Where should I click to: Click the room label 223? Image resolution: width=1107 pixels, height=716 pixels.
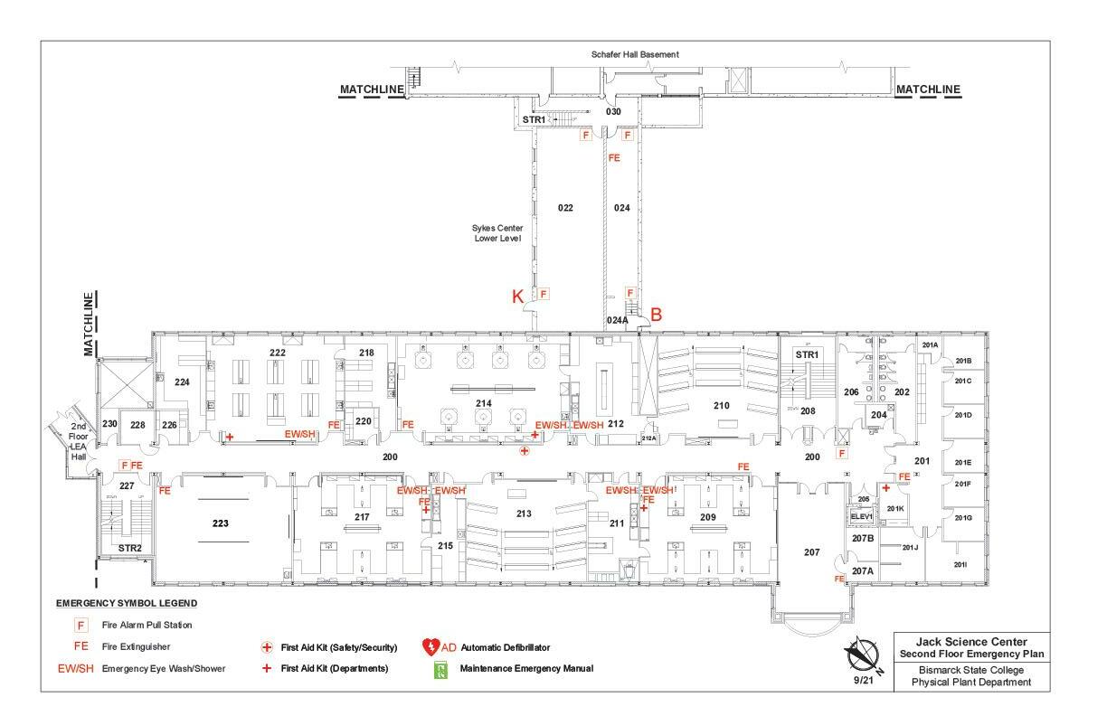220,523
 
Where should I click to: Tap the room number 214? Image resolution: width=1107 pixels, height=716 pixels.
484,402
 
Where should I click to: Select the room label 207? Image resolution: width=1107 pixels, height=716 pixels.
811,552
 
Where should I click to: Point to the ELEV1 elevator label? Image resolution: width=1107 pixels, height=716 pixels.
861,517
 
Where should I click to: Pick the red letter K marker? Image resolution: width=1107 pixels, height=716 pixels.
518,297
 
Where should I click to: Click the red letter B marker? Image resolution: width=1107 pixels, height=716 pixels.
657,315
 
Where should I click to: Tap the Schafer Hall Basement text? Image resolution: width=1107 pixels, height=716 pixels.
635,54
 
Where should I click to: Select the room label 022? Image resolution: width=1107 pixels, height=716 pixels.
565,208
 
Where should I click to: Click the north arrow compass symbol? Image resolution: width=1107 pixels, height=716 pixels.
862,653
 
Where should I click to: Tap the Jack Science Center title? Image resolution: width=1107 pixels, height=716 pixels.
972,641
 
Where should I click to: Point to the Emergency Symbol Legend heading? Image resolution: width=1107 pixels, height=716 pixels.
127,603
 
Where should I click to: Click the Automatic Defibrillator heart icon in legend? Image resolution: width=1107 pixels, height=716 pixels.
430,647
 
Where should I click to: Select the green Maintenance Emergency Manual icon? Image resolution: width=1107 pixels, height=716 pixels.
441,669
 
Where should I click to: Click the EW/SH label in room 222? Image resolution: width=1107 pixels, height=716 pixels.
299,434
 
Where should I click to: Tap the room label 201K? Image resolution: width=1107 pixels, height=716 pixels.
895,508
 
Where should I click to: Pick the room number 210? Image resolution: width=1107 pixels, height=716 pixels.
721,406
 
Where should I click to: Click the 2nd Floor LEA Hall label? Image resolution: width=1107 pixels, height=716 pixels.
79,441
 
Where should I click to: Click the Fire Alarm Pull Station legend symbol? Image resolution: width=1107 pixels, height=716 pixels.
81,625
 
